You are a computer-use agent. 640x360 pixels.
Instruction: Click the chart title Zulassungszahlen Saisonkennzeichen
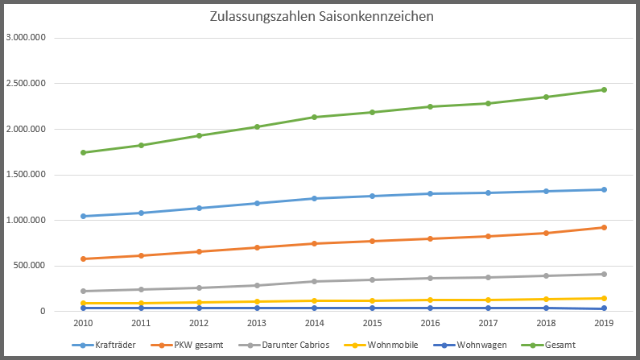tap(320, 16)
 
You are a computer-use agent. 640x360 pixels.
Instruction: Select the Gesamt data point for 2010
tap(83, 152)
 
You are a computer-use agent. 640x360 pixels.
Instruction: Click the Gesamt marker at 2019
tap(604, 89)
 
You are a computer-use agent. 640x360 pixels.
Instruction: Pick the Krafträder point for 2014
tap(315, 198)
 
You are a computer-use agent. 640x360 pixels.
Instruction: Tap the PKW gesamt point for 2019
tap(604, 227)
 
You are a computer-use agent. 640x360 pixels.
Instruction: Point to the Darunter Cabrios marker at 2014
tap(315, 281)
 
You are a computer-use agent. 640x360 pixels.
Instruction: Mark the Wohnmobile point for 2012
tap(199, 302)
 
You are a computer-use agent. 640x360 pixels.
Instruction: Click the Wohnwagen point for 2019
tap(604, 308)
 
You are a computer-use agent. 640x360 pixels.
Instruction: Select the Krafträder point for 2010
tap(83, 216)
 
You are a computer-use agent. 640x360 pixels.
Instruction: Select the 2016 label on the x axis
tap(430, 324)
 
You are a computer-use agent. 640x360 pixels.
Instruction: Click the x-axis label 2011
tap(141, 324)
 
